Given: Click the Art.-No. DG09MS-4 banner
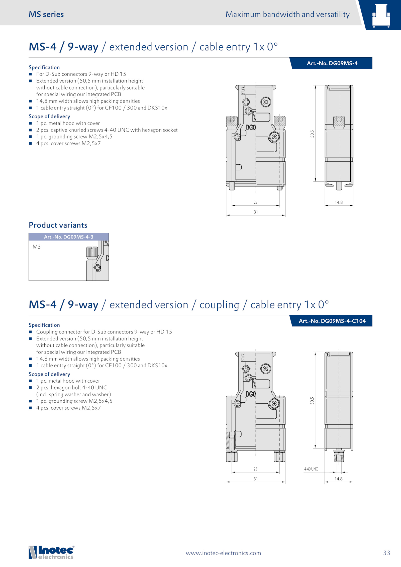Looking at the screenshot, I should click(332, 63).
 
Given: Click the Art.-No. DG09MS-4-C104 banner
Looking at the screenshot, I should click(332, 321).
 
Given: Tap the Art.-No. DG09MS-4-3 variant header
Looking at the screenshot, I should click(68, 237).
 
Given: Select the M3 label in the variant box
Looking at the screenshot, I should click(37, 247).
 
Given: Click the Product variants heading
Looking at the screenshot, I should click(58, 225).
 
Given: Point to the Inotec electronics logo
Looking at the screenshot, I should click(51, 552).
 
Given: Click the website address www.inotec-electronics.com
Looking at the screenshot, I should click(223, 553).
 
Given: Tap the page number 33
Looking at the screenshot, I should click(386, 553).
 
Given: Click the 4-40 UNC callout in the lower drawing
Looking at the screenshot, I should click(311, 469).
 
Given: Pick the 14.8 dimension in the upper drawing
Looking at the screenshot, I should click(339, 202).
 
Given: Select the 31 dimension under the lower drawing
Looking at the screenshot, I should click(256, 479).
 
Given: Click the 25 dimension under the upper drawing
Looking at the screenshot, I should click(255, 202).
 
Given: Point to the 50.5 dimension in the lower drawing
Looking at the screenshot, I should click(312, 401).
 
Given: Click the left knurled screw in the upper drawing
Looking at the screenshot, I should click(232, 121).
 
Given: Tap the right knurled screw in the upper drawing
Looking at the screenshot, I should click(279, 121).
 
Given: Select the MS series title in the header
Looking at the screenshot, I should click(46, 14).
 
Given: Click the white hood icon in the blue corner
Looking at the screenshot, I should click(381, 15).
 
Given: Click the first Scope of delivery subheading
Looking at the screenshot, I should click(49, 116).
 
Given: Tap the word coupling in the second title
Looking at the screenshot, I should click(219, 305).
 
